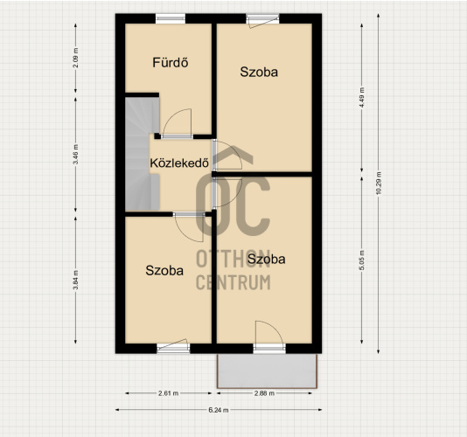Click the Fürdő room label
(171, 63)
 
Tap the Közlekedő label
(179, 163)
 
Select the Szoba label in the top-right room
(259, 72)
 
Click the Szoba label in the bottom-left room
(164, 270)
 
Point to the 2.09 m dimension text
(76, 58)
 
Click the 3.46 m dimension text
(76, 154)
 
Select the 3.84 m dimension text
(76, 280)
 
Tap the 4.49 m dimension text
(362, 98)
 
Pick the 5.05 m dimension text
(362, 260)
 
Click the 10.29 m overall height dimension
(379, 184)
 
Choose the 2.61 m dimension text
(168, 393)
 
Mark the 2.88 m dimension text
(264, 393)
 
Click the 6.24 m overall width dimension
(219, 410)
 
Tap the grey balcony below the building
(267, 371)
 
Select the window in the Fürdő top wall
(171, 18)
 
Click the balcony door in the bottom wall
(269, 349)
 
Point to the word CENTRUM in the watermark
(233, 282)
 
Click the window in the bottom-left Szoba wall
(173, 349)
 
